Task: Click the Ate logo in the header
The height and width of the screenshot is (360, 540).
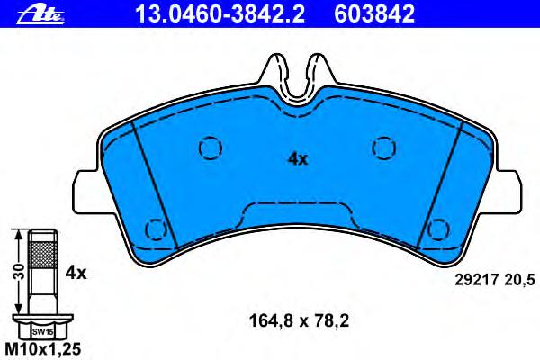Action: (40, 15)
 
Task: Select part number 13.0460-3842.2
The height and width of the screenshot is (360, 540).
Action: (220, 13)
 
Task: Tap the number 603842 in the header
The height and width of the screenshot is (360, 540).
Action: (374, 13)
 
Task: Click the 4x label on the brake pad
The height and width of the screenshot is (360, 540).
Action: (298, 159)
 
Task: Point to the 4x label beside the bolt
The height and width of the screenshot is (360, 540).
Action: (76, 274)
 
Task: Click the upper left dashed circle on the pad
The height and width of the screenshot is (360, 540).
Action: (211, 148)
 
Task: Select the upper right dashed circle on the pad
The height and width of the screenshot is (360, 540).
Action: (384, 148)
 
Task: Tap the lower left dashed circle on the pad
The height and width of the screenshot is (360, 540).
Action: (156, 229)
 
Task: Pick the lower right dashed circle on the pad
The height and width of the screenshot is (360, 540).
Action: (438, 229)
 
